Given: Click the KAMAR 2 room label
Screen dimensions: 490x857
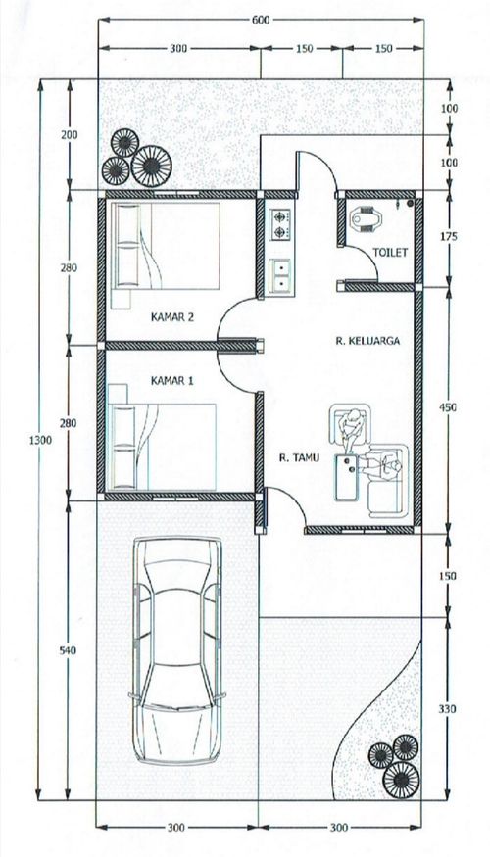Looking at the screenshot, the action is [172, 317].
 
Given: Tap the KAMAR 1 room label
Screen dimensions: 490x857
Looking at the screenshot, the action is [171, 381].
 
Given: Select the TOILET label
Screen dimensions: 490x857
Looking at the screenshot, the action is [390, 252].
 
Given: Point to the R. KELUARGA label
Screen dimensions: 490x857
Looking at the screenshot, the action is [367, 341].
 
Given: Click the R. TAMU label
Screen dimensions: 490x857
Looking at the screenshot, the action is [299, 458].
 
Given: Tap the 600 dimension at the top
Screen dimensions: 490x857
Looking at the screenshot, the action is [261, 21].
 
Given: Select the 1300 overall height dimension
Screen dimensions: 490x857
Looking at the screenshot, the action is [40, 440].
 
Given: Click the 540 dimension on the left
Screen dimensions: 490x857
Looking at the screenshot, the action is [69, 651].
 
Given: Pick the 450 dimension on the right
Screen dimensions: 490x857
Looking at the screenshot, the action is [449, 407].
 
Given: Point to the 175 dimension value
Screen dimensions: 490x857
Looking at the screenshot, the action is [449, 237].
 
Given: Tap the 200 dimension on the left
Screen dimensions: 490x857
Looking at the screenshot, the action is [69, 134].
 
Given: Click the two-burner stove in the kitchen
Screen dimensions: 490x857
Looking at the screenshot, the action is [281, 223].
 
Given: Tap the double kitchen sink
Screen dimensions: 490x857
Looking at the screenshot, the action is [280, 275].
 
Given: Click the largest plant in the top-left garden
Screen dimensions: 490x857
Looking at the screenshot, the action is [152, 167].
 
